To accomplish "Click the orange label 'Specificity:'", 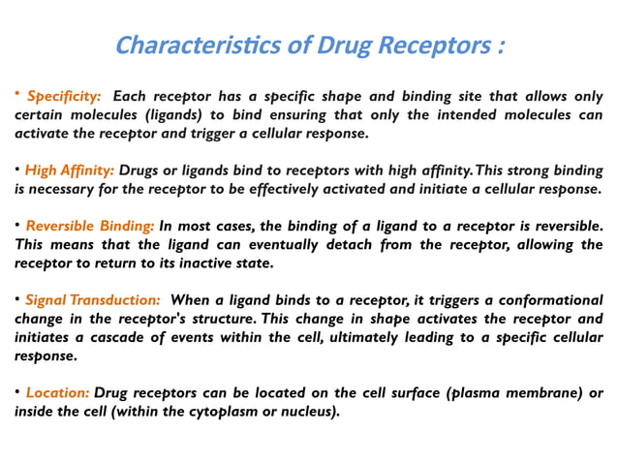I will click(x=64, y=97).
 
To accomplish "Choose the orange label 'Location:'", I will click(x=58, y=393).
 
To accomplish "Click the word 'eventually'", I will click(x=295, y=244).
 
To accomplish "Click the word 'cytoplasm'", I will click(x=211, y=412).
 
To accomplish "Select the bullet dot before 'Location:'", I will click(x=17, y=392).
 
